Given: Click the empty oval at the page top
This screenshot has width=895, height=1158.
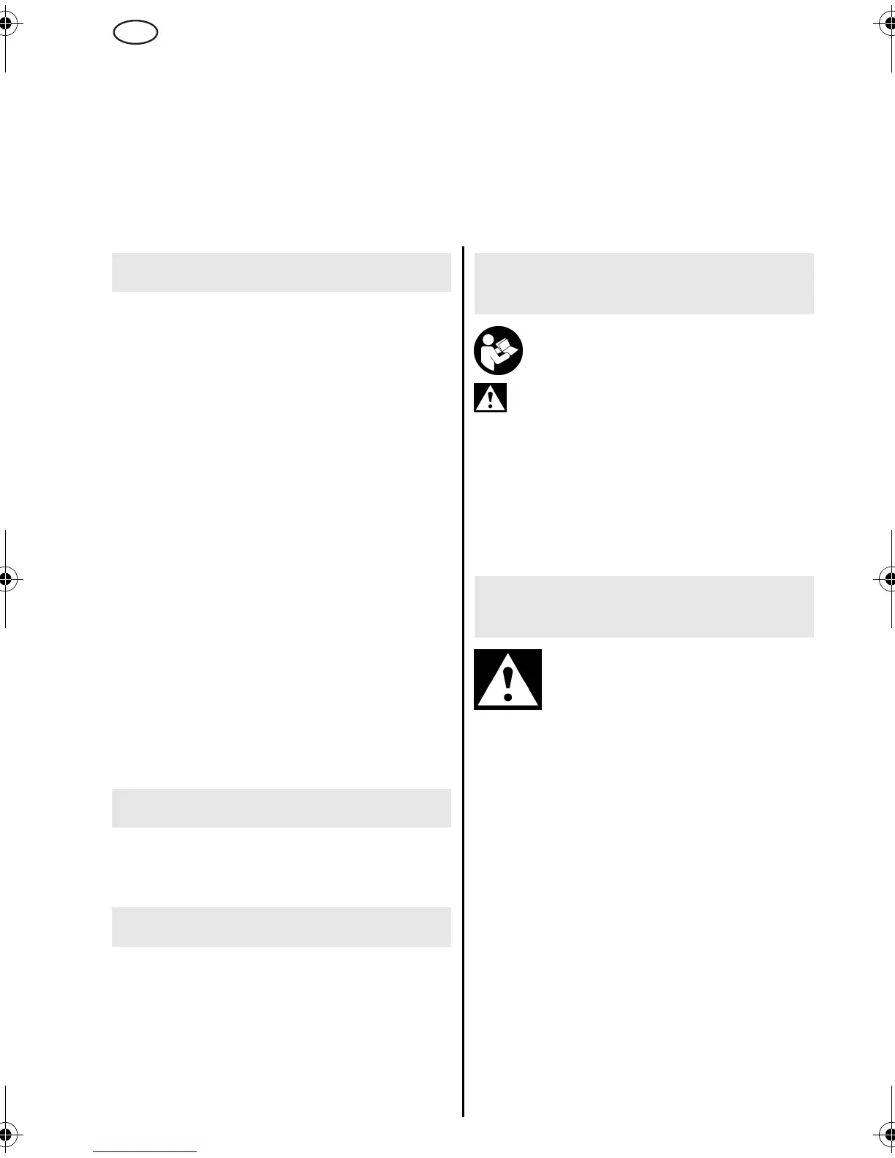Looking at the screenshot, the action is pyautogui.click(x=136, y=32).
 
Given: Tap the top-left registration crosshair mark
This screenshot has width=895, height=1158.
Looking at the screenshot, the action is pyautogui.click(x=6, y=24).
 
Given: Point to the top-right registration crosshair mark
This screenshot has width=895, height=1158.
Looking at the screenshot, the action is pyautogui.click(x=888, y=24).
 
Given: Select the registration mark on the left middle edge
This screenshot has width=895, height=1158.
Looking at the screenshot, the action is pyautogui.click(x=6, y=579).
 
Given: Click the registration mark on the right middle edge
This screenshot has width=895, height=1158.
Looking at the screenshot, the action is pyautogui.click(x=888, y=579).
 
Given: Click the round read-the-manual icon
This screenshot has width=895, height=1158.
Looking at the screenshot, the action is pyautogui.click(x=498, y=350).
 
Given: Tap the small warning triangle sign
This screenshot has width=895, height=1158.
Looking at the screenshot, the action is pyautogui.click(x=490, y=398).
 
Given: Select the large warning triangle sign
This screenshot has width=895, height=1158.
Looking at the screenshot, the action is pyautogui.click(x=507, y=679).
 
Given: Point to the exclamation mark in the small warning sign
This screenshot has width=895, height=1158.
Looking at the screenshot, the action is pyautogui.click(x=490, y=401).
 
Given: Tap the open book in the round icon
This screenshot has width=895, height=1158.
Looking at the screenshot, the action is pyautogui.click(x=505, y=349).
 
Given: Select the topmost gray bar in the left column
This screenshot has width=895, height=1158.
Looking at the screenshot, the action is pyautogui.click(x=281, y=272).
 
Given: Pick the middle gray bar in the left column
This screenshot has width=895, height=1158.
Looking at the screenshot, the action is pyautogui.click(x=281, y=808).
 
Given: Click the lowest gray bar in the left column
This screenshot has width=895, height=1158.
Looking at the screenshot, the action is pyautogui.click(x=281, y=926).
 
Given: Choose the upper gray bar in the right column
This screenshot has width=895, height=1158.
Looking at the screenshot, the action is pyautogui.click(x=643, y=283).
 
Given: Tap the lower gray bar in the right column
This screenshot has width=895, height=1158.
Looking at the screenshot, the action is pyautogui.click(x=643, y=606).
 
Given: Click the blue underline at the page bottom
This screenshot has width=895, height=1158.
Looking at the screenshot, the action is pyautogui.click(x=145, y=1152).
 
